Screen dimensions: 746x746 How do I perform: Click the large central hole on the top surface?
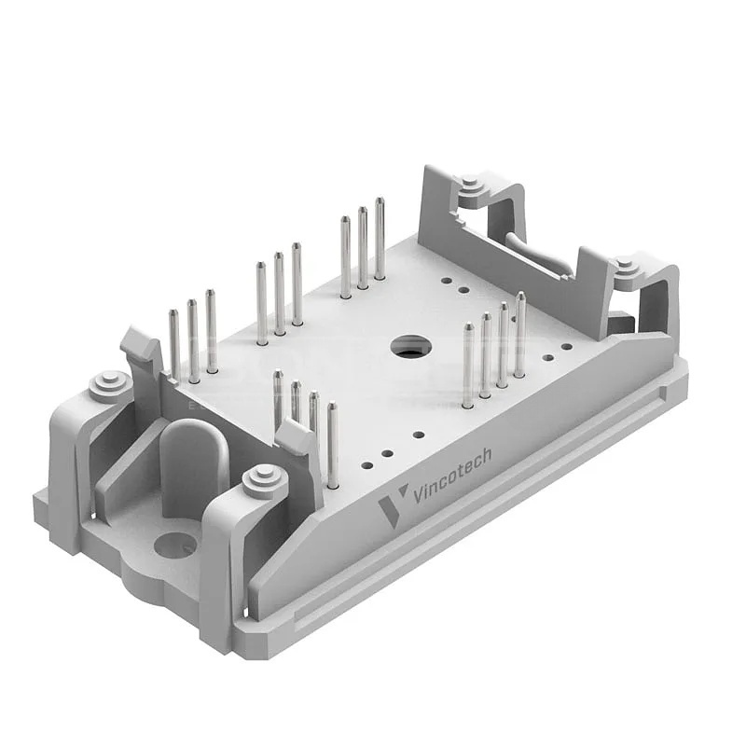point(410,348)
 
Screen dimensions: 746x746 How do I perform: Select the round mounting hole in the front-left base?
point(174,544)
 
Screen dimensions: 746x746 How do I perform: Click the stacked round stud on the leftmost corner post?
point(110,383)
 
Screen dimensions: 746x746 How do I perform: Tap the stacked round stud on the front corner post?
point(262,480)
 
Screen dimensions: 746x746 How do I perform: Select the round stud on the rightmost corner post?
point(626,268)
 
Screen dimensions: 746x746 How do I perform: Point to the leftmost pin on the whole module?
point(174,345)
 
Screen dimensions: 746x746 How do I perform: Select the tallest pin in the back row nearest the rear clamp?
point(380,238)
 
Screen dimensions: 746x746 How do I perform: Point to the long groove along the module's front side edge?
point(485,522)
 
